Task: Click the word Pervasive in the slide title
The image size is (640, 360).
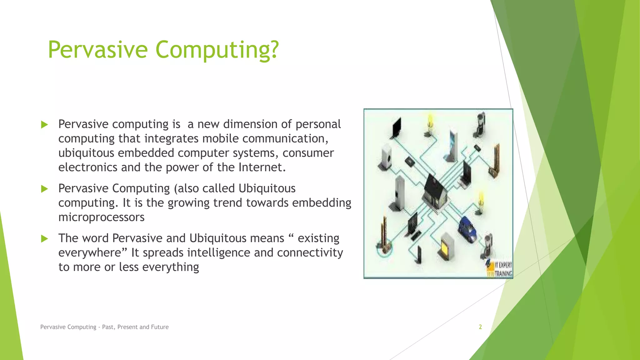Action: [x=97, y=50]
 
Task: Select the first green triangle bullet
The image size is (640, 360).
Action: [x=45, y=125]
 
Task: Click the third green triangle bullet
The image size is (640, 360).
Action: [x=45, y=239]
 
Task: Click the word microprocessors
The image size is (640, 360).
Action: [x=101, y=217]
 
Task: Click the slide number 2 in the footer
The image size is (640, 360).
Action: [x=480, y=327]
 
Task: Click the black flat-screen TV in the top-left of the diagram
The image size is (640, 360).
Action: [x=396, y=128]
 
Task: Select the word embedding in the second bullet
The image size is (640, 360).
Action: [x=322, y=203]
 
